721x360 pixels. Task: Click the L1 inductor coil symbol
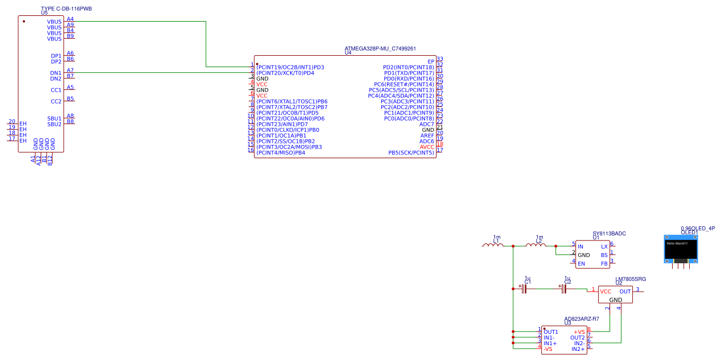(492, 245)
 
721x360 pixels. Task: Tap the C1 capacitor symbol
(524, 289)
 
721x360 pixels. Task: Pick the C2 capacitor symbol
(563, 289)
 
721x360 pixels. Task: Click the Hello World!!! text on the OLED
(677, 243)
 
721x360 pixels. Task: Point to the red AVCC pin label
(427, 147)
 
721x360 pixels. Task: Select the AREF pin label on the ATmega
(427, 135)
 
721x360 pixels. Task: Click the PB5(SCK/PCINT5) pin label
(411, 152)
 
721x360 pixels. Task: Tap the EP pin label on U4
(431, 61)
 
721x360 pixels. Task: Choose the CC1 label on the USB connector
(56, 90)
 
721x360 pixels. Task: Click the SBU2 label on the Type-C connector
(54, 124)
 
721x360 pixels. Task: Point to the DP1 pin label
(56, 56)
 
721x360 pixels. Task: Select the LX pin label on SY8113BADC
(604, 246)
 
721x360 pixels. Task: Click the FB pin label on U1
(604, 263)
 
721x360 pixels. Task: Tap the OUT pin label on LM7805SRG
(625, 291)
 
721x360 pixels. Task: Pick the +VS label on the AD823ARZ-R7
(579, 332)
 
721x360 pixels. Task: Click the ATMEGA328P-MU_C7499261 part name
(380, 48)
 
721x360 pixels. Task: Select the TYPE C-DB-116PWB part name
(66, 9)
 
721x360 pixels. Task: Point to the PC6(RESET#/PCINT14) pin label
(400, 84)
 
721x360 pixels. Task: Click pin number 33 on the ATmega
(440, 59)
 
